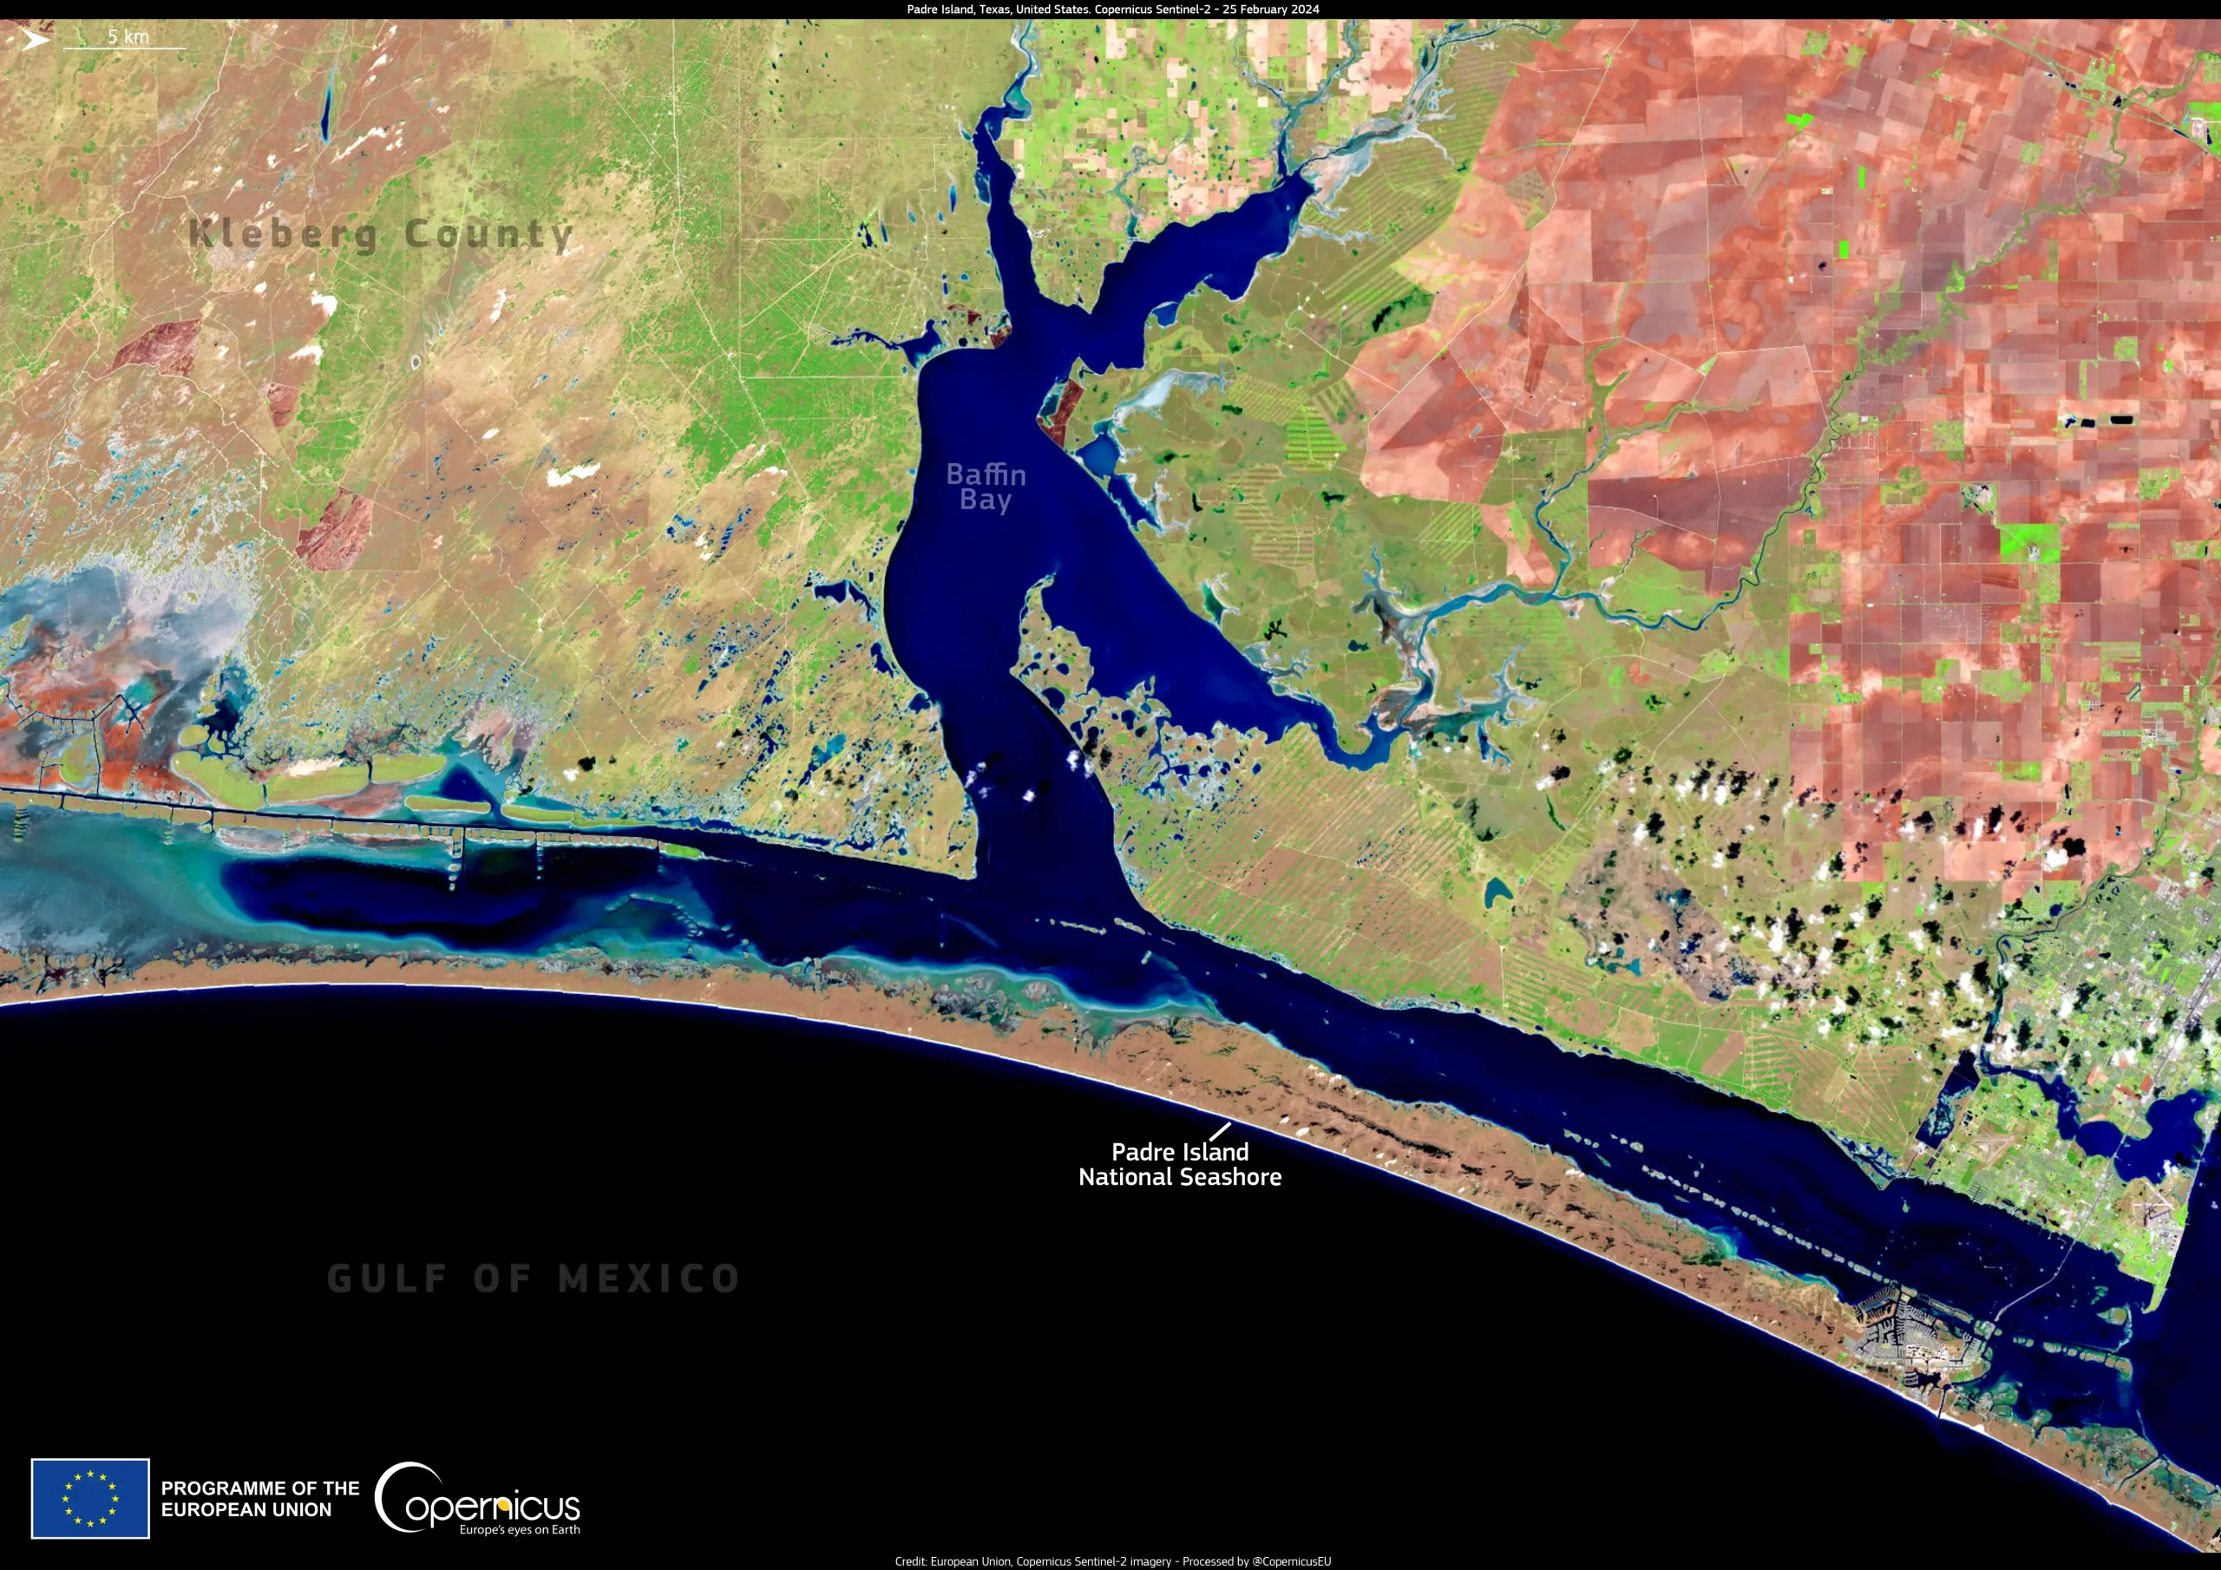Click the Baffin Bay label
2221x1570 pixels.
(986, 487)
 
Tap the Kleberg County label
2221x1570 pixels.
(381, 234)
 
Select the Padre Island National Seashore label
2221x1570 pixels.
(1179, 1165)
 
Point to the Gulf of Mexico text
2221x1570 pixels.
(534, 1278)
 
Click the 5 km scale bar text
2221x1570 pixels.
(128, 36)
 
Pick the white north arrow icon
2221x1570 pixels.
(35, 40)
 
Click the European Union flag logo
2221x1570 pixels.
(90, 1498)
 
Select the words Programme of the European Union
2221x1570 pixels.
(259, 1498)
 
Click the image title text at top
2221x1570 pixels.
(1112, 10)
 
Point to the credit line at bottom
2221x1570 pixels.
(1112, 1561)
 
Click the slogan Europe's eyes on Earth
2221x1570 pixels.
(520, 1530)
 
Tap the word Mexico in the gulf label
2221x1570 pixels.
(649, 1278)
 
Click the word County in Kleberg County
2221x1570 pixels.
(488, 234)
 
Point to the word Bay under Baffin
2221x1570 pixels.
(985, 500)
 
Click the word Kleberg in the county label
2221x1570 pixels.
(283, 234)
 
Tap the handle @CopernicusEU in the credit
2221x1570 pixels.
(1292, 1561)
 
